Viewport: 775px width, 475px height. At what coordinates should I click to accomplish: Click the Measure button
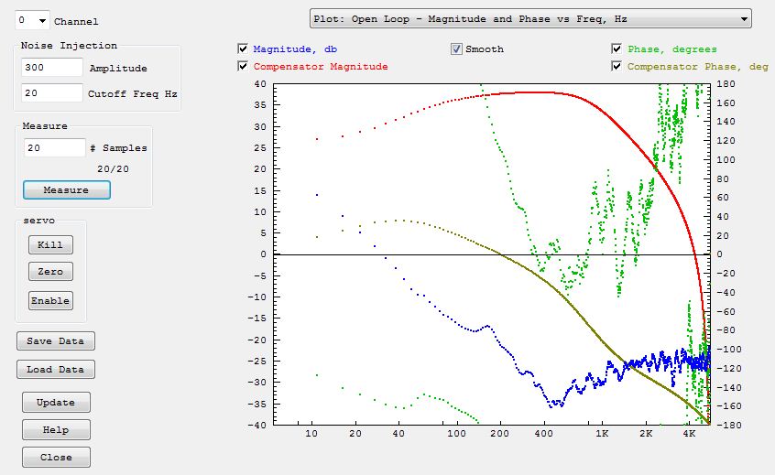[66, 190]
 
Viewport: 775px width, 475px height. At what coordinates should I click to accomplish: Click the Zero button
[50, 272]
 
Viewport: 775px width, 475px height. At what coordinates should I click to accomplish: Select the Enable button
[50, 300]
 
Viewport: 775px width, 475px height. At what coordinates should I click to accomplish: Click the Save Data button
[55, 341]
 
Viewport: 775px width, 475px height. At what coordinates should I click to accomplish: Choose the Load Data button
[55, 370]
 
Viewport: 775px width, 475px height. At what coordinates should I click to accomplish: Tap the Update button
[56, 403]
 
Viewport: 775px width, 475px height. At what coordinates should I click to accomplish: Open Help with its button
[56, 430]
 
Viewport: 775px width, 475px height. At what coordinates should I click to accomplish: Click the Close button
[56, 458]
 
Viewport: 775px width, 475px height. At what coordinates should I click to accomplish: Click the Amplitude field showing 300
[52, 68]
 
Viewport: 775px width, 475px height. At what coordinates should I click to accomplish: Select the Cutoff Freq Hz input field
[52, 93]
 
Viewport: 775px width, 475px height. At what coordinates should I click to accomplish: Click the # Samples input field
[54, 147]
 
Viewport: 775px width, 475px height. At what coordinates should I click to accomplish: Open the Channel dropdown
[32, 20]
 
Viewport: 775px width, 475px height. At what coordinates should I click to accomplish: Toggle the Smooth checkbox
[456, 49]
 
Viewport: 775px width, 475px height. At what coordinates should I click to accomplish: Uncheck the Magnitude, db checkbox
[243, 49]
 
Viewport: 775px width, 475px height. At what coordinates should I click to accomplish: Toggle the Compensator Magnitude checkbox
[243, 66]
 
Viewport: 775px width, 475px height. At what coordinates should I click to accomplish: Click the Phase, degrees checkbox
[617, 49]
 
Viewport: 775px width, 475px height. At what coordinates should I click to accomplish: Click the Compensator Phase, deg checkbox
[617, 66]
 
